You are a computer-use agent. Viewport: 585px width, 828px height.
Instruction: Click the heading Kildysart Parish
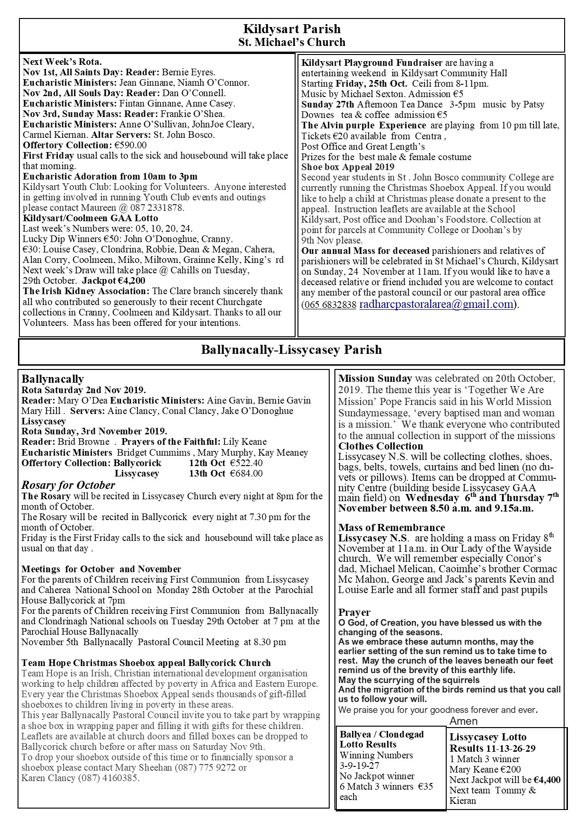(x=292, y=29)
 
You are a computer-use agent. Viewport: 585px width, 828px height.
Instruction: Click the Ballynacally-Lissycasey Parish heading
(x=291, y=350)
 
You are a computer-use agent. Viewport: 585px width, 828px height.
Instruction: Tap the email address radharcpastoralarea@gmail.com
(x=436, y=304)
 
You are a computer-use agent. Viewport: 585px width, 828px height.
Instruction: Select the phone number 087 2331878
(x=159, y=208)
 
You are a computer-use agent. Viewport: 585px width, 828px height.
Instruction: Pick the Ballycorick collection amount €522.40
(x=246, y=463)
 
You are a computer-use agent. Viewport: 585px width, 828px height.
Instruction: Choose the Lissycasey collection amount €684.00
(x=246, y=474)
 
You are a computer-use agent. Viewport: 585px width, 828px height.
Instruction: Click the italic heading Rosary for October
(x=68, y=485)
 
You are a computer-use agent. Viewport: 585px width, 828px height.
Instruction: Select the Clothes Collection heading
(x=380, y=446)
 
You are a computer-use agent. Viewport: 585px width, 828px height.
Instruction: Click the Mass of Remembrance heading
(x=391, y=528)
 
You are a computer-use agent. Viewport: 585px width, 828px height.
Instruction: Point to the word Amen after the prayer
(x=463, y=721)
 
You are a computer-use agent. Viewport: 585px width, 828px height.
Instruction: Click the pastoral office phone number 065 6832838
(x=330, y=305)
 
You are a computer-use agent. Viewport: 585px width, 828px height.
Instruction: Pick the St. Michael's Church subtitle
(x=292, y=42)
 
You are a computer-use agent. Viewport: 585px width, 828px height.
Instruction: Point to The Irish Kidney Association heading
(x=86, y=291)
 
